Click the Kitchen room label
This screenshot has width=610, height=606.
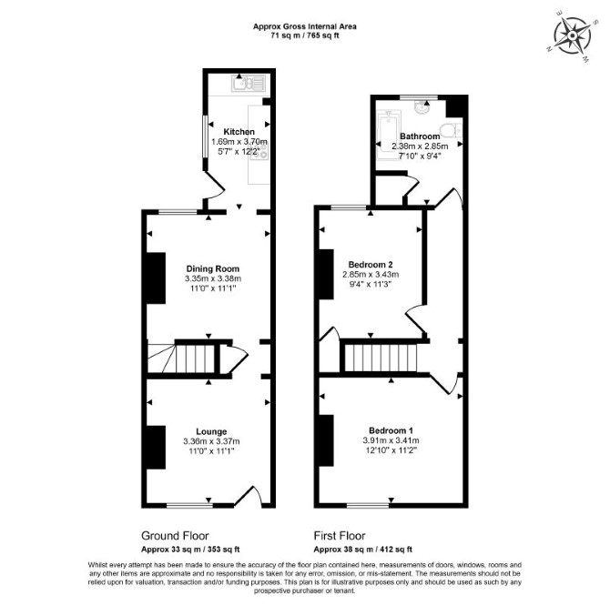[239, 132]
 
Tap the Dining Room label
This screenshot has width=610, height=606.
[213, 268]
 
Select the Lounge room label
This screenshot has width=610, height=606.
[211, 431]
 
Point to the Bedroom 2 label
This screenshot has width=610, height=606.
[371, 265]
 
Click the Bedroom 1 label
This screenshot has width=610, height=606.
[391, 430]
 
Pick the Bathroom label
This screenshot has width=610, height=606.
[420, 136]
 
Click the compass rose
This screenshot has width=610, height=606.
[573, 36]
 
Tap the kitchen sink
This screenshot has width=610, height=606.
[249, 83]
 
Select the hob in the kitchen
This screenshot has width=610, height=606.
[259, 151]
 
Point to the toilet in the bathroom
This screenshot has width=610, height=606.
[452, 131]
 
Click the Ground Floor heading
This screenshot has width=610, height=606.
[175, 536]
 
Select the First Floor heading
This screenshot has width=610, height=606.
[340, 536]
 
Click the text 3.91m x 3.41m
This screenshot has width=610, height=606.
[391, 440]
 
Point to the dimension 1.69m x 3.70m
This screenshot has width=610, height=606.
[239, 141]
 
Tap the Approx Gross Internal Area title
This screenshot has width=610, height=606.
[305, 26]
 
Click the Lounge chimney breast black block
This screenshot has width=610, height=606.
[156, 448]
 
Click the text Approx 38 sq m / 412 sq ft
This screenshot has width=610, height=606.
[363, 550]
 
